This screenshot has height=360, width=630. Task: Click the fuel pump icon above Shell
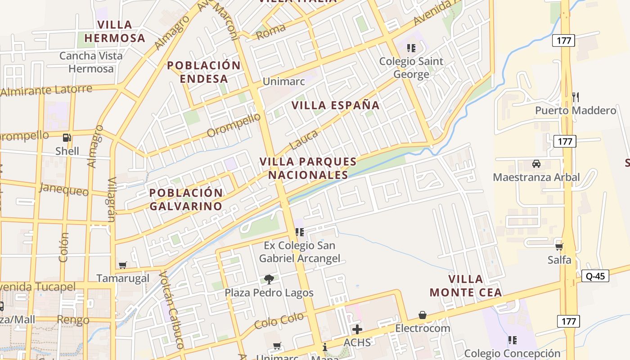67,138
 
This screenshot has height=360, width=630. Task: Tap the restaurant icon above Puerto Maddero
575,97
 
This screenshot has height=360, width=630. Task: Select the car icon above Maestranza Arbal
536,163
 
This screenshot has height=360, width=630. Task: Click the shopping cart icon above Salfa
559,247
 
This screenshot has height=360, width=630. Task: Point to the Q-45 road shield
595,276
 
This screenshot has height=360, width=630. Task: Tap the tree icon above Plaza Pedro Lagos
269,279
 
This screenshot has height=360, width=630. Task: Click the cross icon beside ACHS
357,329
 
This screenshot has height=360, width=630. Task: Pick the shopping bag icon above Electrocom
422,315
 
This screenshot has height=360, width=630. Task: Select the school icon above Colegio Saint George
411,47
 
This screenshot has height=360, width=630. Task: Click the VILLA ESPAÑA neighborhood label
336,105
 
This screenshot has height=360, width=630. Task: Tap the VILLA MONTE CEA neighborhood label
466,286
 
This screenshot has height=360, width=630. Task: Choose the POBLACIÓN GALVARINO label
186,199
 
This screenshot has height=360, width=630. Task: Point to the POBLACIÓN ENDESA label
204,72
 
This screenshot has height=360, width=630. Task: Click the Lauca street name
304,139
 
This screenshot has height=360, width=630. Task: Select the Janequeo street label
64,189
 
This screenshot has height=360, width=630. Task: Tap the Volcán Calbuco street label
172,310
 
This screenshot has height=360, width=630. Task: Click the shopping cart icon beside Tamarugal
122,265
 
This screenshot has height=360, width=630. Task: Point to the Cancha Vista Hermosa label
91,62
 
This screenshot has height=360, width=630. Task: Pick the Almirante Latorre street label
46,90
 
